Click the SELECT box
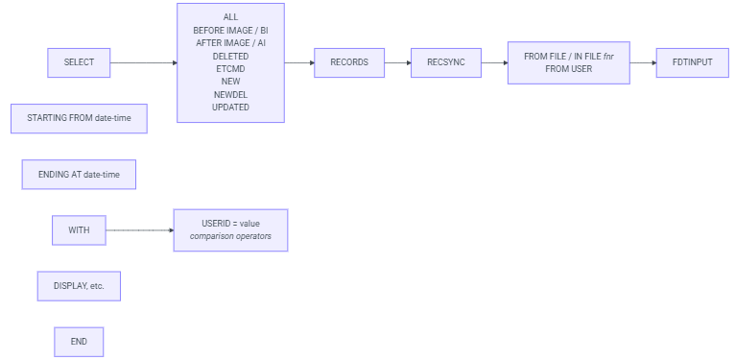[x=79, y=62]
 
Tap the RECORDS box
[x=348, y=62]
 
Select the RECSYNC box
[x=445, y=62]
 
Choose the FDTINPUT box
[x=693, y=62]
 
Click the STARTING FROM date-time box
[x=79, y=118]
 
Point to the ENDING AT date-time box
[x=79, y=175]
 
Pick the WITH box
[x=79, y=230]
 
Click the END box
[x=79, y=342]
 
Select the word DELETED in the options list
[x=230, y=57]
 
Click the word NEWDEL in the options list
[x=230, y=94]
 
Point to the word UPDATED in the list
[x=230, y=107]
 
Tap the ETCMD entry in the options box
[x=230, y=69]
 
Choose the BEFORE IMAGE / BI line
[x=230, y=31]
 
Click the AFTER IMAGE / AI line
[x=230, y=43]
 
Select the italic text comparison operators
[x=230, y=236]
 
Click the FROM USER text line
[x=569, y=69]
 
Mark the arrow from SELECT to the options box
[x=143, y=62]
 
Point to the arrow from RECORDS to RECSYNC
[x=397, y=62]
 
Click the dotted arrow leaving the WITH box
[x=138, y=230]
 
